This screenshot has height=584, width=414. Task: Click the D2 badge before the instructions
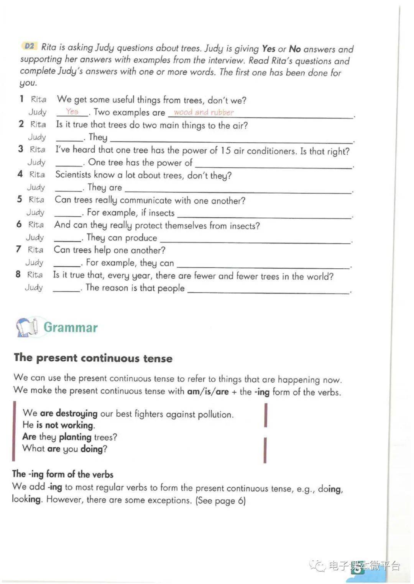pyautogui.click(x=29, y=46)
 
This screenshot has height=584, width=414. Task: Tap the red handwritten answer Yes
pyautogui.click(x=72, y=111)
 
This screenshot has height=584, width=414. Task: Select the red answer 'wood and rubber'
pyautogui.click(x=204, y=112)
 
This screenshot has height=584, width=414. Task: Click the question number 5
pyautogui.click(x=19, y=199)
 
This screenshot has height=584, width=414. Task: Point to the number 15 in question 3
pyautogui.click(x=226, y=150)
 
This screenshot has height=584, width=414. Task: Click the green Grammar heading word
pyautogui.click(x=71, y=327)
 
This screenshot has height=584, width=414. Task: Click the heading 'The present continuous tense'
pyautogui.click(x=93, y=358)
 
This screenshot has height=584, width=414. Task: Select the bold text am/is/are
pyautogui.click(x=208, y=392)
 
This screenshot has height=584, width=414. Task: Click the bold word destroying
pyautogui.click(x=76, y=413)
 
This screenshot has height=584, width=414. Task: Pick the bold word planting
pyautogui.click(x=75, y=437)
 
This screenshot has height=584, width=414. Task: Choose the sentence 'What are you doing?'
pyautogui.click(x=64, y=449)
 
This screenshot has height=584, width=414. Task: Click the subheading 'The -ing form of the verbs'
pyautogui.click(x=63, y=474)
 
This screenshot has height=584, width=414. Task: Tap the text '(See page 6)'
pyautogui.click(x=220, y=500)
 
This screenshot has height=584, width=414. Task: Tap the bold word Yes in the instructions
pyautogui.click(x=269, y=49)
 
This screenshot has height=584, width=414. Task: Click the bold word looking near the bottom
pyautogui.click(x=26, y=499)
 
